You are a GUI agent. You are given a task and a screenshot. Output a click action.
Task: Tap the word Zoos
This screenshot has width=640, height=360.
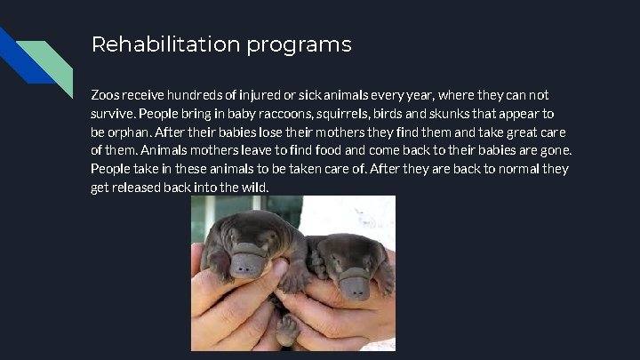(107, 94)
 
